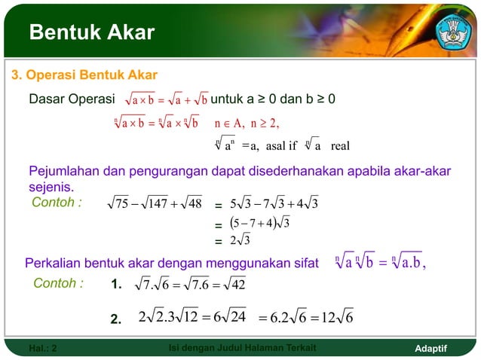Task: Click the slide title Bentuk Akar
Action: pos(91,32)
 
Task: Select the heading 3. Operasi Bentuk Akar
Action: pos(83,75)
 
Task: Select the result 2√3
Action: pos(241,242)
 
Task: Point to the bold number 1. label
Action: pos(117,285)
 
